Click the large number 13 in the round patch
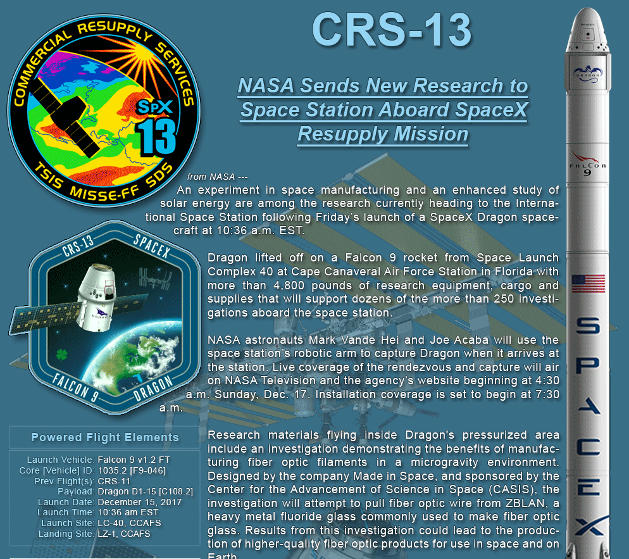click(x=156, y=137)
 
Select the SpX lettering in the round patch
click(x=155, y=107)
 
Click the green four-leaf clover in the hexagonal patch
click(x=61, y=355)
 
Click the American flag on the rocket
click(x=589, y=284)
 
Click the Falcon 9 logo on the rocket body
click(x=588, y=164)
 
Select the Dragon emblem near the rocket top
click(x=588, y=74)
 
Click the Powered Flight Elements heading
click(x=105, y=437)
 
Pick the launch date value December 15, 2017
click(x=140, y=502)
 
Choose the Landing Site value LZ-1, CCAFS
click(x=124, y=534)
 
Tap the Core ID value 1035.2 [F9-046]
click(x=132, y=470)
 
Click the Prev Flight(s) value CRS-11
click(x=114, y=480)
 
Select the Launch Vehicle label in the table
click(x=61, y=460)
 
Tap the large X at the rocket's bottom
click(x=589, y=526)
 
